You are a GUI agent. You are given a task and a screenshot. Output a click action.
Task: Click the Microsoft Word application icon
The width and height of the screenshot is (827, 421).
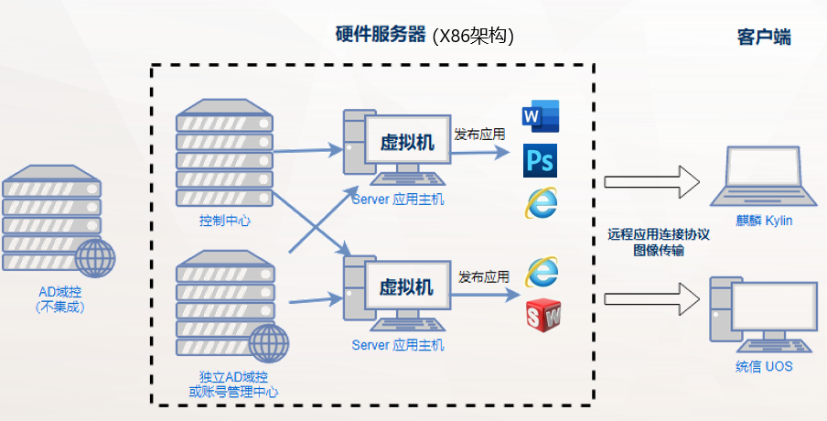(539, 117)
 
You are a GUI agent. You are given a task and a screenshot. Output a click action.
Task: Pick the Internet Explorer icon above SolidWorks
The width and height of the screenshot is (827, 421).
(541, 272)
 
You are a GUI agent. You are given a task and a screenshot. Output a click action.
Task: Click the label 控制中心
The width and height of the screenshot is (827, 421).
(224, 221)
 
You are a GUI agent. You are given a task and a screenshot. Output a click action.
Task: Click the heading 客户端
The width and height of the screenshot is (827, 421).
(764, 38)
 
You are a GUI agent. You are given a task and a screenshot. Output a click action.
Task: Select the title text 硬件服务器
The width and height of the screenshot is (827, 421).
(381, 35)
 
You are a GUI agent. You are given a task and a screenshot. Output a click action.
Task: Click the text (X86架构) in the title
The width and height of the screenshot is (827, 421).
(473, 36)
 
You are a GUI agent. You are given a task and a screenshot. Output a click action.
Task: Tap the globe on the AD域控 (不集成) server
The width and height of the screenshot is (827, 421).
(94, 259)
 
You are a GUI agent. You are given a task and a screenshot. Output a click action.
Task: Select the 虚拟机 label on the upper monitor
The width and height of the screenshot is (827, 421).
(408, 142)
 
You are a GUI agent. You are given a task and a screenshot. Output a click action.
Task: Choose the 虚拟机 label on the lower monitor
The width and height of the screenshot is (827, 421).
(408, 286)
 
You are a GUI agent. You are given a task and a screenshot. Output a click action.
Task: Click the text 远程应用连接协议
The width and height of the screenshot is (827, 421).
(659, 233)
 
